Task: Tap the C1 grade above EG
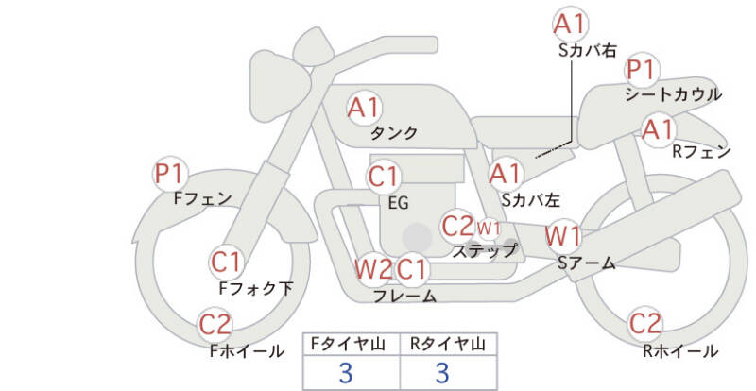[384, 177]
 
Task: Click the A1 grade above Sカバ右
[569, 24]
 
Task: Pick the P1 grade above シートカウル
[642, 70]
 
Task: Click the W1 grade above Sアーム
[564, 235]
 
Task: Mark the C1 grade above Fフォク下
[226, 262]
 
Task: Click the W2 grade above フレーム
[372, 269]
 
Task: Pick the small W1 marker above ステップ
[488, 228]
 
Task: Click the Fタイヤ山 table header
[350, 343]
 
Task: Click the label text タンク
[394, 133]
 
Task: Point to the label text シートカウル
[673, 94]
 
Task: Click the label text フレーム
[404, 297]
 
